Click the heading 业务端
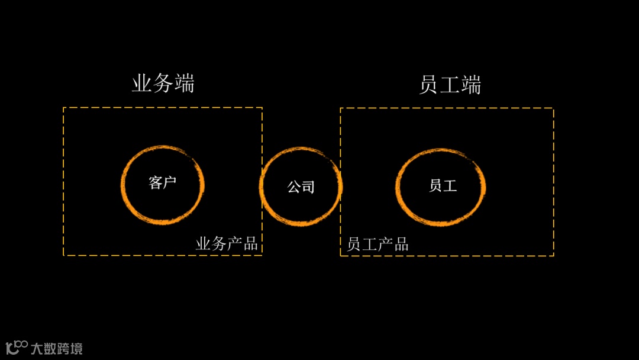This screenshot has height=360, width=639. pyautogui.click(x=163, y=84)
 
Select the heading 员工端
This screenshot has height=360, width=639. pyautogui.click(x=450, y=85)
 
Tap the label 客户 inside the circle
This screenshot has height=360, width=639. pyautogui.click(x=163, y=182)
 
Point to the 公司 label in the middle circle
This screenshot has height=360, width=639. pyautogui.click(x=301, y=187)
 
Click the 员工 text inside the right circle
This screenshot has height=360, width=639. pyautogui.click(x=443, y=185)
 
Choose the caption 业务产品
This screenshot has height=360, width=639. pyautogui.click(x=227, y=244)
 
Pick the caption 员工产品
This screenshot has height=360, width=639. pyautogui.click(x=377, y=244)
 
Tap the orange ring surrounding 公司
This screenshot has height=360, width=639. pyautogui.click(x=261, y=187)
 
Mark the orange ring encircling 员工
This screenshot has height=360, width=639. pyautogui.click(x=398, y=187)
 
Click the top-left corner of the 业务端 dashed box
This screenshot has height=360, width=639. pyautogui.click(x=64, y=108)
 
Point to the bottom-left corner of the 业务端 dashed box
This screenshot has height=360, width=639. pyautogui.click(x=64, y=255)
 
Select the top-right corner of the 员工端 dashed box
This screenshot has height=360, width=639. pyautogui.click(x=553, y=108)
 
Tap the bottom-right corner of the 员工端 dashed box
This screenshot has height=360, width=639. pyautogui.click(x=553, y=255)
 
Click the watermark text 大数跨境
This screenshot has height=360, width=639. pyautogui.click(x=56, y=348)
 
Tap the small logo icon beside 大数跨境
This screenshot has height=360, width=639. pyautogui.click(x=17, y=347)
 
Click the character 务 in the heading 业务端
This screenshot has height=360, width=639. pyautogui.click(x=163, y=84)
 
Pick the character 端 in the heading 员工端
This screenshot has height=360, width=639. pyautogui.click(x=471, y=85)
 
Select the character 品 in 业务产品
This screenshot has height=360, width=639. pyautogui.click(x=250, y=244)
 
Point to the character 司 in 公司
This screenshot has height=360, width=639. pyautogui.click(x=308, y=187)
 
